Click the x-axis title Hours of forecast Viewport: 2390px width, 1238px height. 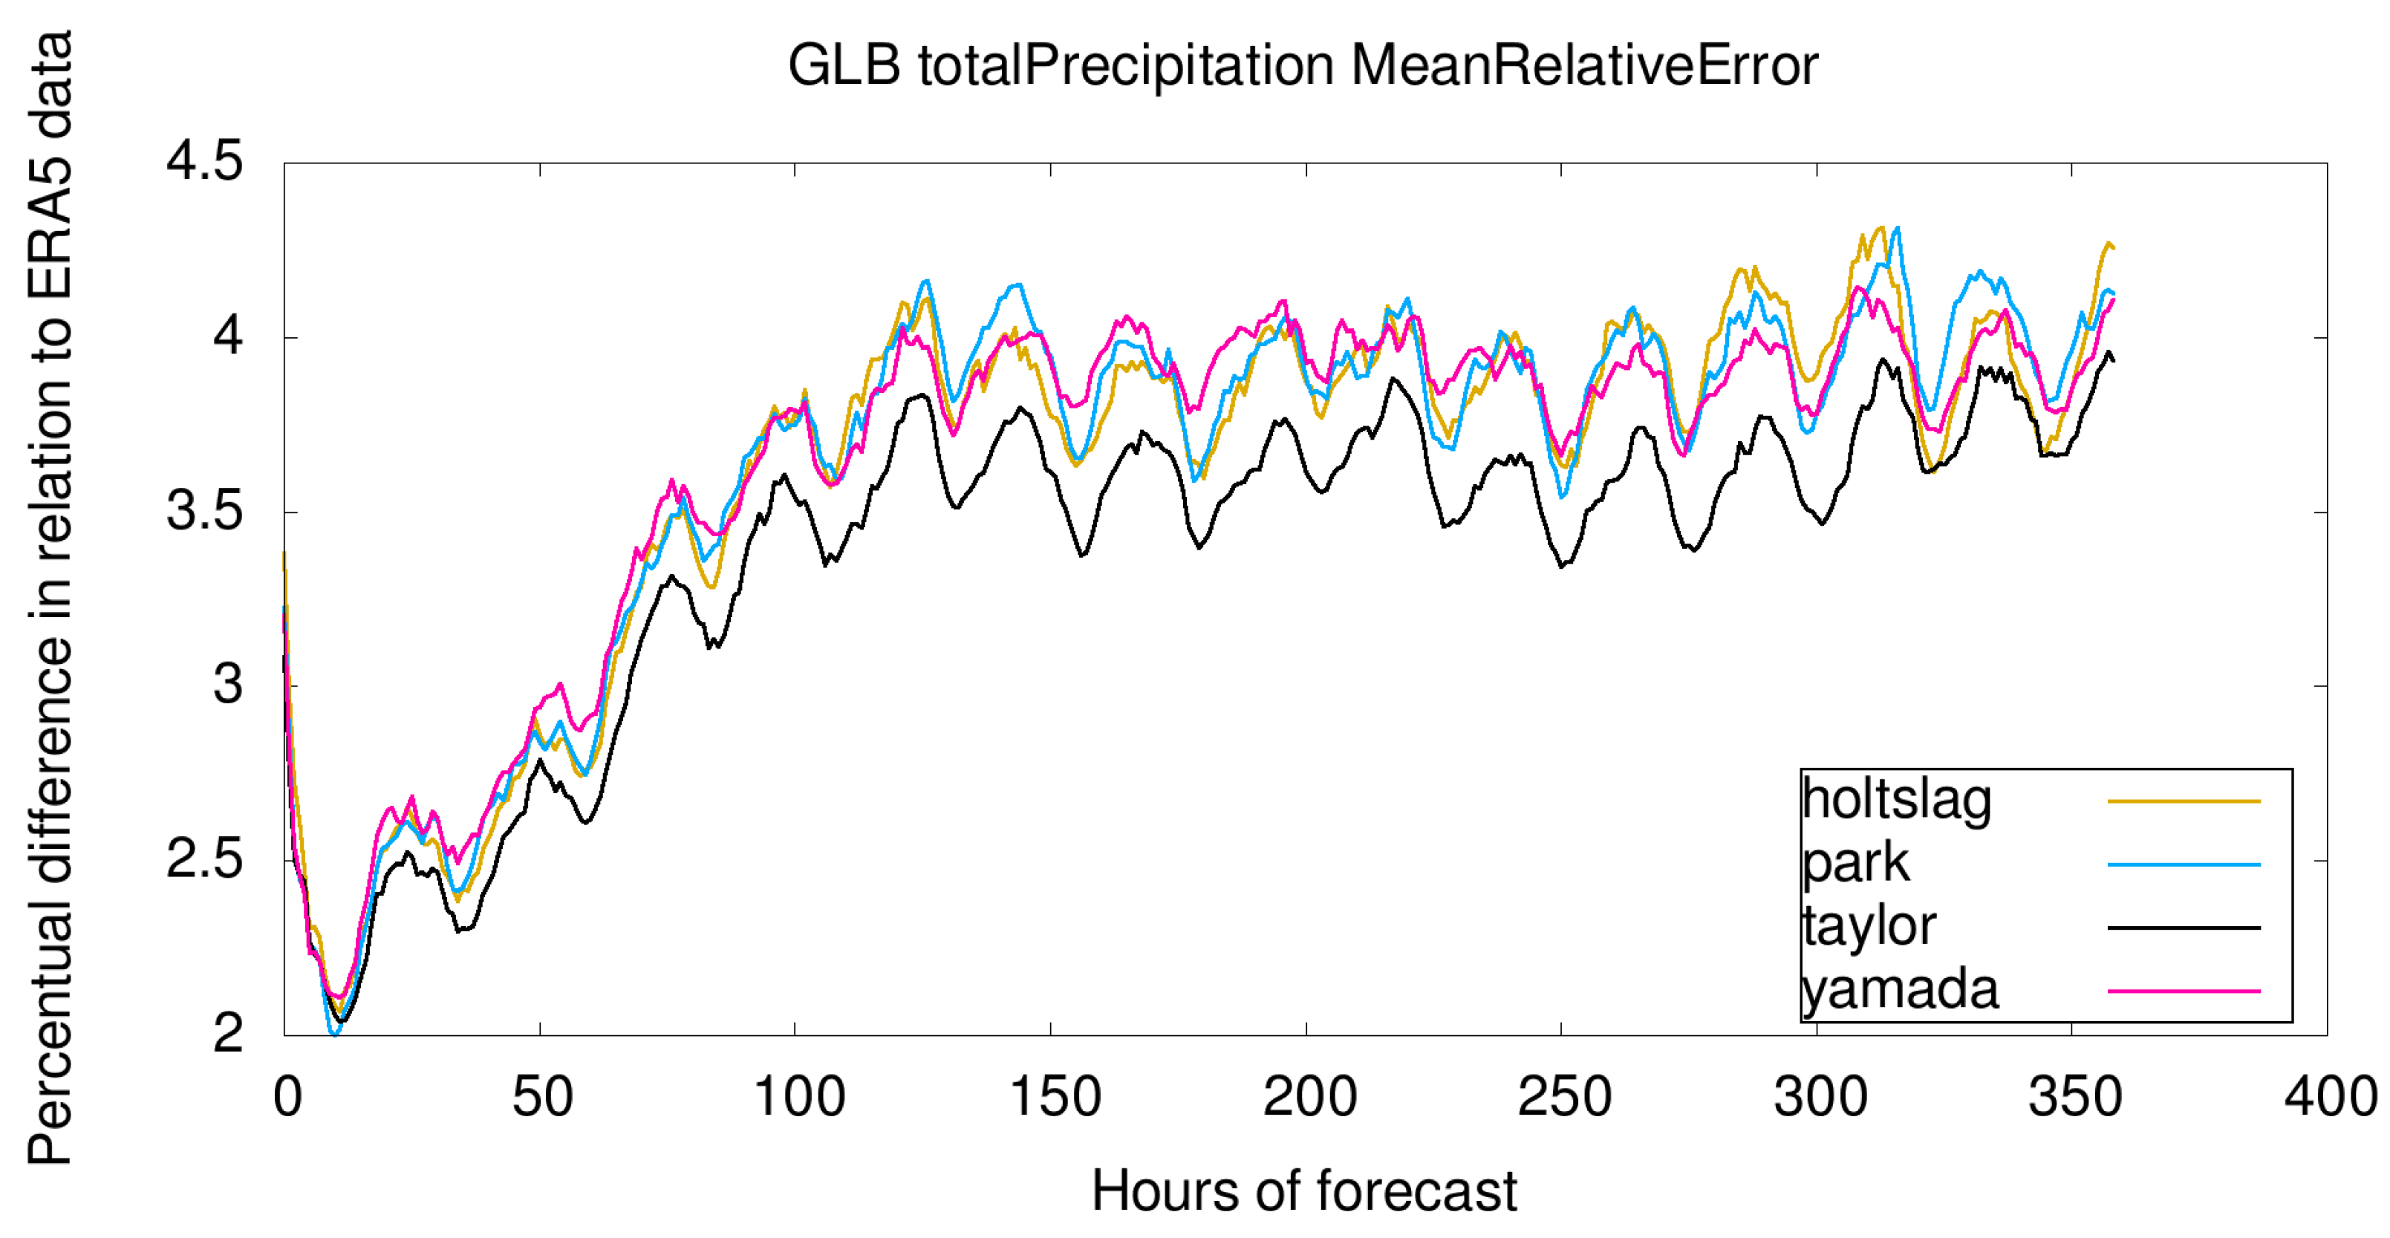click(x=1303, y=1190)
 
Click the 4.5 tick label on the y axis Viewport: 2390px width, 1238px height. click(x=204, y=161)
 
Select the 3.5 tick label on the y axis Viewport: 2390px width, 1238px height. click(x=204, y=510)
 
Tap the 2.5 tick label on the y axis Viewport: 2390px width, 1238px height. click(x=204, y=859)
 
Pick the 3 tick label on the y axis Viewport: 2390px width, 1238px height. click(x=228, y=685)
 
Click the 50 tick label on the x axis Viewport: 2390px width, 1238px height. click(x=543, y=1097)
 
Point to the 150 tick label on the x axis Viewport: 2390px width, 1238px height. click(x=1055, y=1097)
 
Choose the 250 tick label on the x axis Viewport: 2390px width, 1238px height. click(x=1564, y=1097)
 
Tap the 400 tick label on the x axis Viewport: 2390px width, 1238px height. click(x=2330, y=1097)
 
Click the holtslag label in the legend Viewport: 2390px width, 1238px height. click(x=1896, y=800)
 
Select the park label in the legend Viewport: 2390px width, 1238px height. click(x=1855, y=864)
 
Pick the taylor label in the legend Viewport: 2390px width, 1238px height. click(x=1869, y=926)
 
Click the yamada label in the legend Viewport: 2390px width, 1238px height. click(x=1899, y=989)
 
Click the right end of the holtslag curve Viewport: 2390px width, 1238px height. click(x=2112, y=247)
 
